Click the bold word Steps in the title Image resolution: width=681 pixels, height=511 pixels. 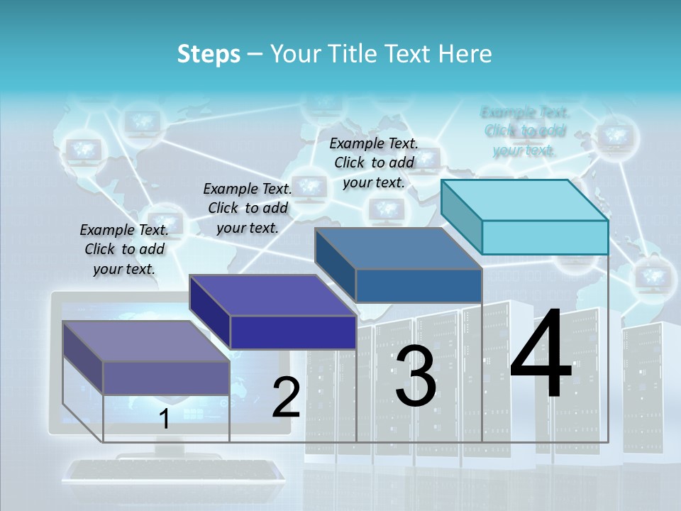[209, 54]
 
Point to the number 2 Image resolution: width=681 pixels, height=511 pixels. [286, 397]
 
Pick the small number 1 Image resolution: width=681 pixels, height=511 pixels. [165, 419]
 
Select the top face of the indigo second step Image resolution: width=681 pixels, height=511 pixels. [273, 295]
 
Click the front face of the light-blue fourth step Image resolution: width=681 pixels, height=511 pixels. [545, 237]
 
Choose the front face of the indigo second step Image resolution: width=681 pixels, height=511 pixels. [293, 332]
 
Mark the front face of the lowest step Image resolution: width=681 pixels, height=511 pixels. [166, 378]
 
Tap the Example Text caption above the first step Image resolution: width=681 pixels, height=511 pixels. [124, 249]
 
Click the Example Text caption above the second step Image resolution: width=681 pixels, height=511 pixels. [248, 208]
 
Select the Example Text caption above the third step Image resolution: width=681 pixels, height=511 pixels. [374, 163]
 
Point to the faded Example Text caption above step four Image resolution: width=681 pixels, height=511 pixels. [525, 131]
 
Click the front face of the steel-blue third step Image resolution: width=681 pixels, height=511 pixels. [419, 285]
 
